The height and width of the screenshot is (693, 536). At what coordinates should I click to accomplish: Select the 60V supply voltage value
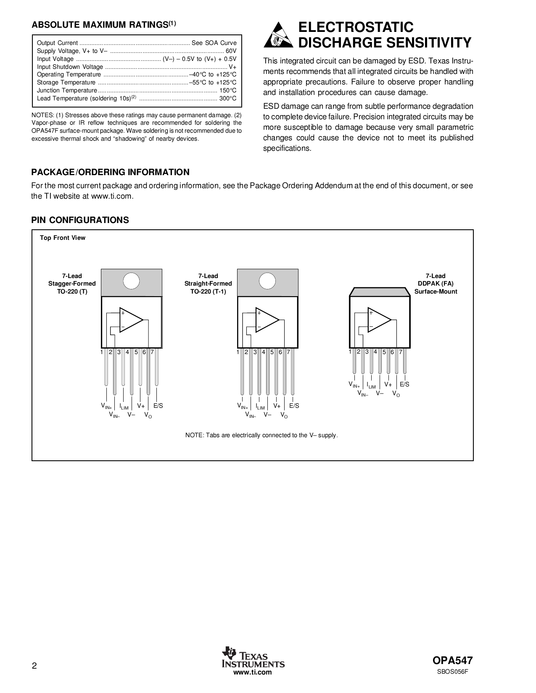(x=231, y=51)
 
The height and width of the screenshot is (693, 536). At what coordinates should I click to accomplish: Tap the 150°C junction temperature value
(x=228, y=91)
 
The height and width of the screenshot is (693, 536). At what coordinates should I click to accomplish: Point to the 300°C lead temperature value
(x=228, y=99)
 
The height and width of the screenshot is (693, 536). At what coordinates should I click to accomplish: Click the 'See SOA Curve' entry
(x=214, y=43)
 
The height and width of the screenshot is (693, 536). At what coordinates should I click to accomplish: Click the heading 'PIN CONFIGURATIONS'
(x=80, y=220)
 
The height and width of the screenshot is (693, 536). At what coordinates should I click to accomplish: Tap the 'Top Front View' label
(x=63, y=238)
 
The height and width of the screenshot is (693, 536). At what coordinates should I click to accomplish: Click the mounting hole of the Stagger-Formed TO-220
(x=131, y=281)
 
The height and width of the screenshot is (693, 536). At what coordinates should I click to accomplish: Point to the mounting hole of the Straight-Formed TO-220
(x=267, y=281)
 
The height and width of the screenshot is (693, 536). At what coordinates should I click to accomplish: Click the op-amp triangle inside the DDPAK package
(x=379, y=320)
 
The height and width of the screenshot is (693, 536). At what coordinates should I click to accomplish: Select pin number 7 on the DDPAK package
(x=401, y=352)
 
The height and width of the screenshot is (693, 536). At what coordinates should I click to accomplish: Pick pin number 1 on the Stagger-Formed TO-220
(x=101, y=352)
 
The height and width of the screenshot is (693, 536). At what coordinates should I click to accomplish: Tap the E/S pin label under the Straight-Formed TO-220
(x=294, y=406)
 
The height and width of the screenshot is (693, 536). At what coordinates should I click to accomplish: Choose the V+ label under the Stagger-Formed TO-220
(x=141, y=406)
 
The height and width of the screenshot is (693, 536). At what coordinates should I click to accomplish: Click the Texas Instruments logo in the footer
(x=253, y=657)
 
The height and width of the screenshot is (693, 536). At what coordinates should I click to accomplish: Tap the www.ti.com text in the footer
(x=253, y=672)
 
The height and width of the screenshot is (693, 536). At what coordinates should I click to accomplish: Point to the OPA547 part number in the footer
(x=452, y=660)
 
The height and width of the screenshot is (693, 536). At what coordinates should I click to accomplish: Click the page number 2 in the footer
(x=34, y=666)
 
